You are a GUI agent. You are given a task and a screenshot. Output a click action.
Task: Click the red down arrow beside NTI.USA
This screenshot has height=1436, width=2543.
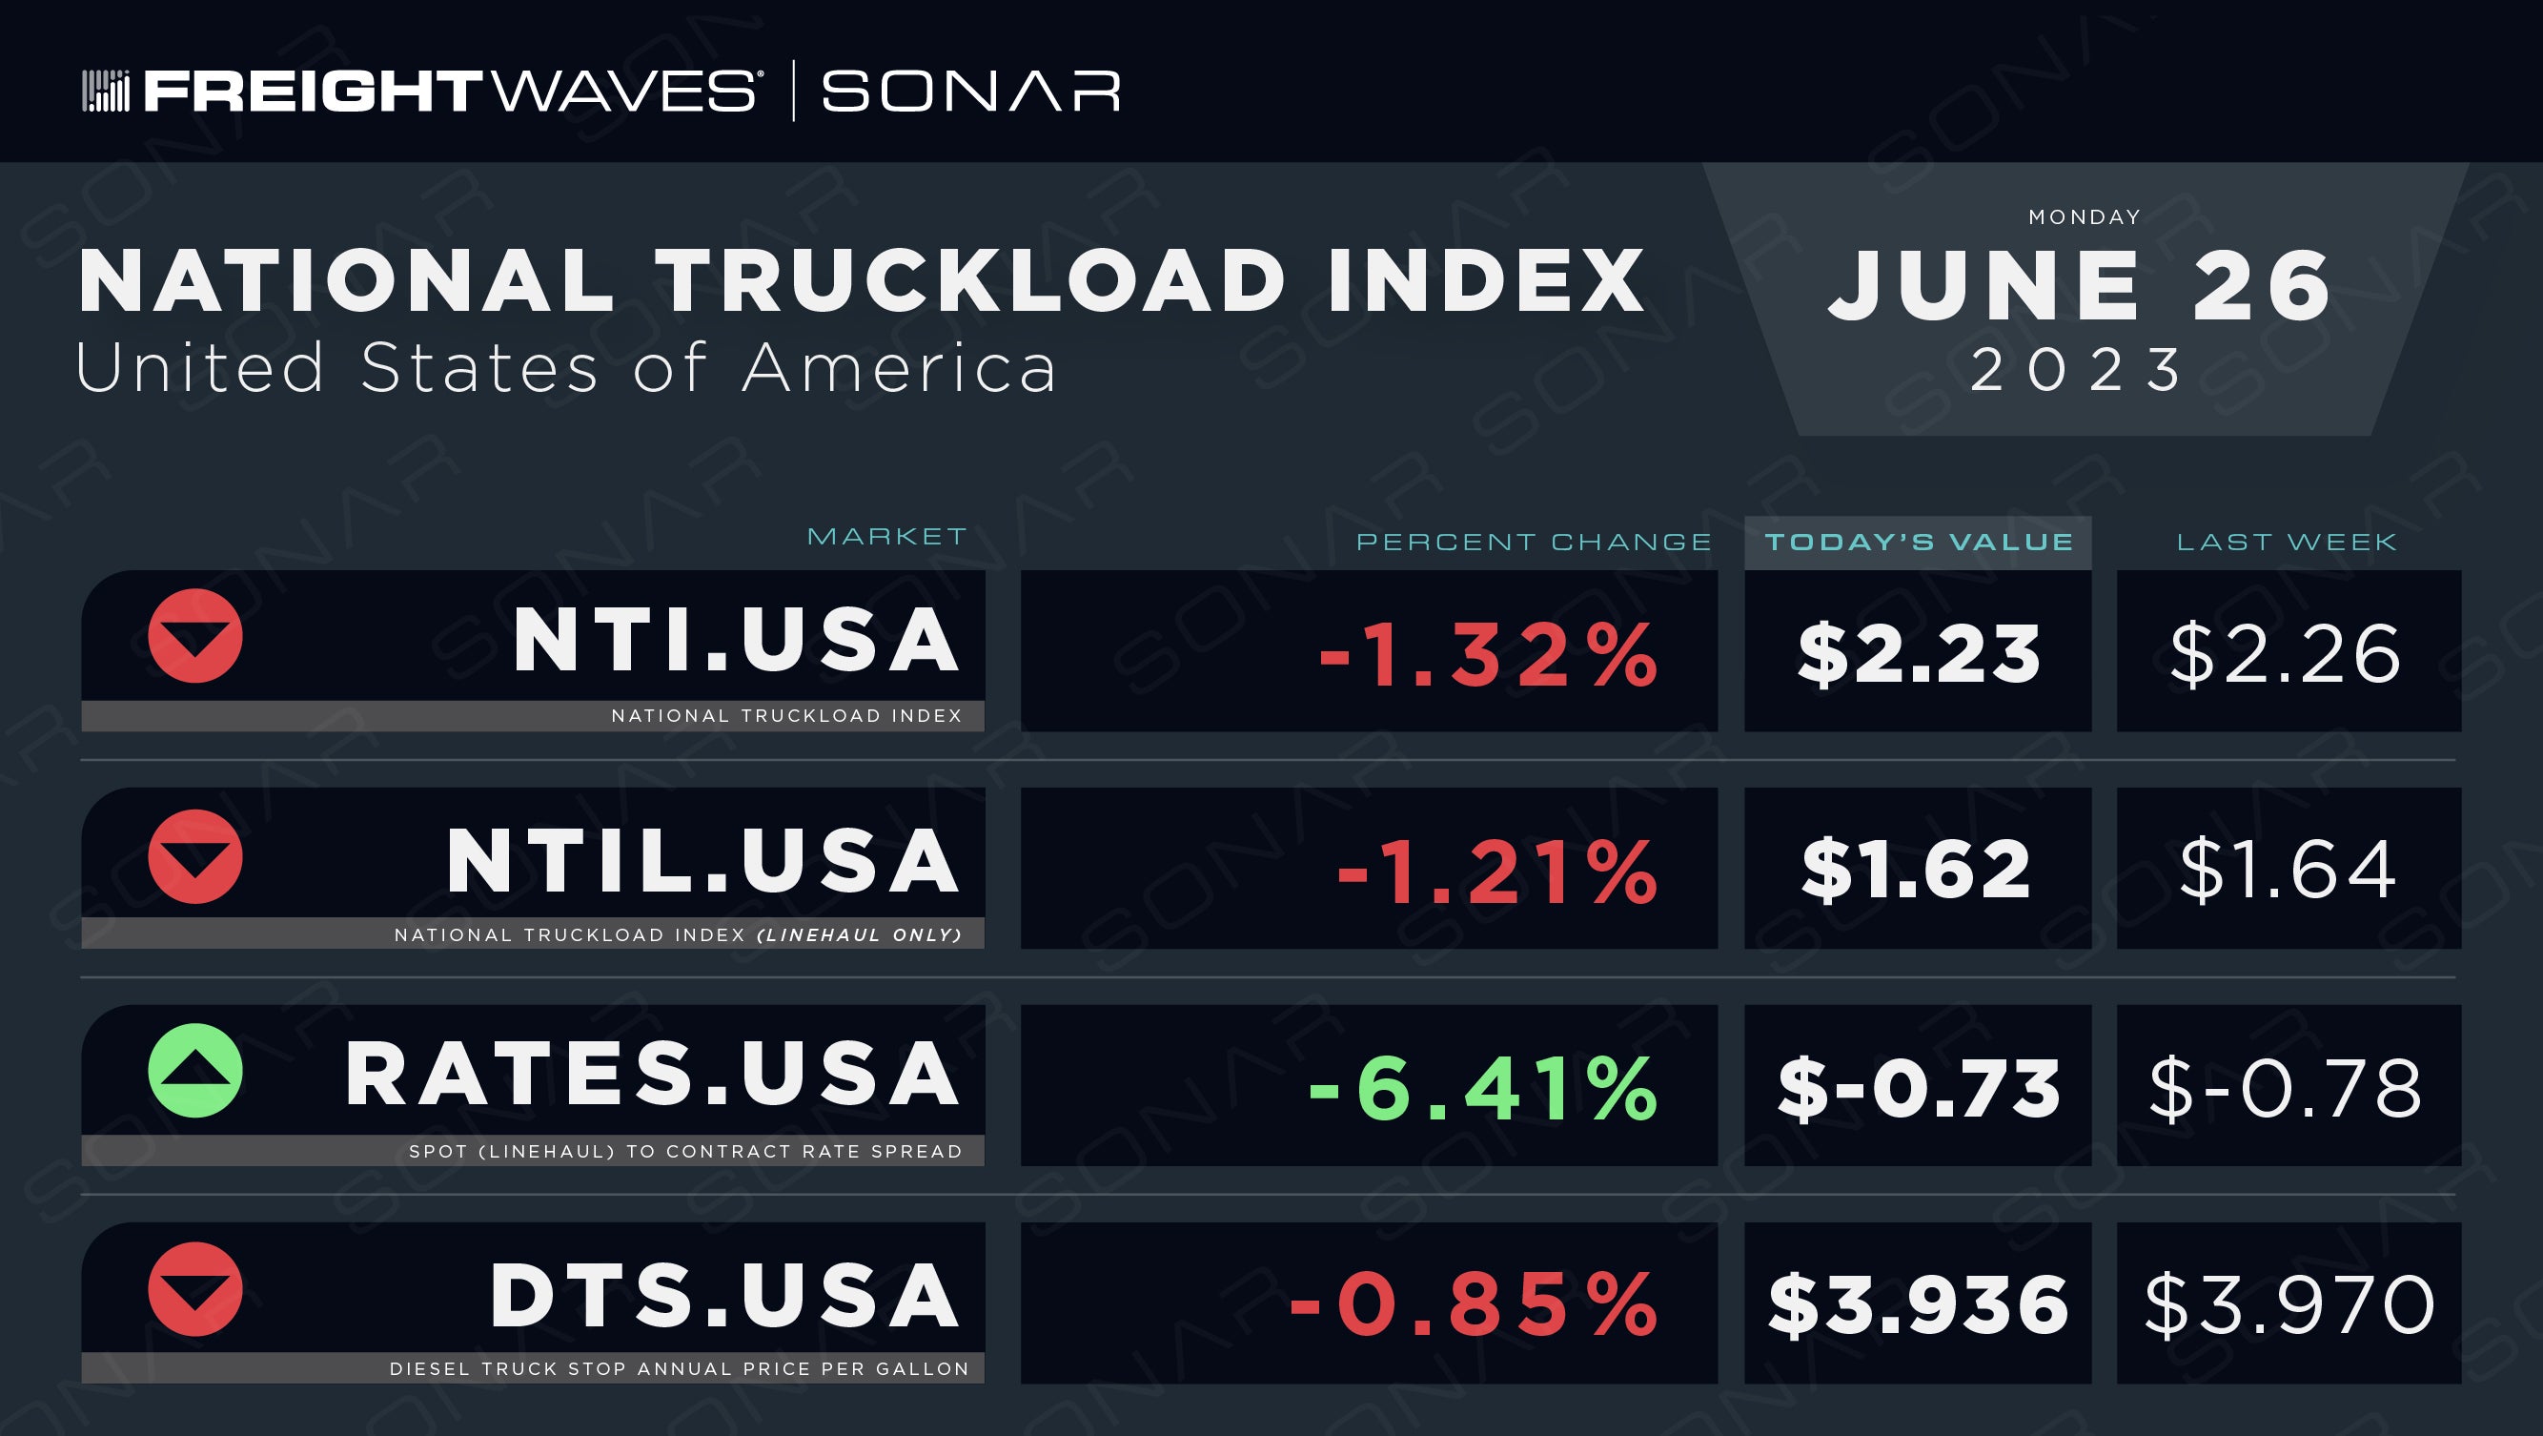195,636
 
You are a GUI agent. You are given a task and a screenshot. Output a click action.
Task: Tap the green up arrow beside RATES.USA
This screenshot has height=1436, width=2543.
195,1071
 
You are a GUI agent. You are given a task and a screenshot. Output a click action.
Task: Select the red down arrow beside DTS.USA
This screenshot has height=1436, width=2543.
195,1289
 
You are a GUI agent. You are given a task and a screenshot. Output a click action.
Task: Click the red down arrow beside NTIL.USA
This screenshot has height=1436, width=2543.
195,856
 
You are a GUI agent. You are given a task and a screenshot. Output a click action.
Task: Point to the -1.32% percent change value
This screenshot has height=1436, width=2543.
1489,655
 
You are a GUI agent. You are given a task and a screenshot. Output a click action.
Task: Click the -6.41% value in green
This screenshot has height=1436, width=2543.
1483,1089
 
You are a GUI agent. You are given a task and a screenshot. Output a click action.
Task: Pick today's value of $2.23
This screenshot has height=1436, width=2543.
1918,655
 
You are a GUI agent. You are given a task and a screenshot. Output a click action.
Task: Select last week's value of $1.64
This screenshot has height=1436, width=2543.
2288,869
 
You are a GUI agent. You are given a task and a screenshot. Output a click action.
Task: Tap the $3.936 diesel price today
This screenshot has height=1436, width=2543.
1917,1304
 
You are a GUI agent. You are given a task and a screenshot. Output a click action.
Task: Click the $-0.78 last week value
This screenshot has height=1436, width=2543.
2286,1089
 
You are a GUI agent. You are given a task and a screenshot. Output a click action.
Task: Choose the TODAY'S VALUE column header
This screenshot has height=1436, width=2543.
1918,543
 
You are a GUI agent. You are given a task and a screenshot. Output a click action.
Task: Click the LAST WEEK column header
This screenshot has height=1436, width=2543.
2287,543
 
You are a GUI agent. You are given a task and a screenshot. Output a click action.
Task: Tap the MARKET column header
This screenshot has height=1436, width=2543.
886,536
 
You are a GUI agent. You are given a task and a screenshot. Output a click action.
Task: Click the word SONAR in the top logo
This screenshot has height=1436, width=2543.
970,91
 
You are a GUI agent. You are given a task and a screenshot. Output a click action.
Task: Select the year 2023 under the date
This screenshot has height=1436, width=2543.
2077,369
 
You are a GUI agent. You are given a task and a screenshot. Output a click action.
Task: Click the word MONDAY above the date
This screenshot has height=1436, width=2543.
2085,216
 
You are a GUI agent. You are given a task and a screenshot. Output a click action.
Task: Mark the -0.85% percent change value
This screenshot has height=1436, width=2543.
1474,1304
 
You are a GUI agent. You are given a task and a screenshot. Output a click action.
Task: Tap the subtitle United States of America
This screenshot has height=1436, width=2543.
565,368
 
